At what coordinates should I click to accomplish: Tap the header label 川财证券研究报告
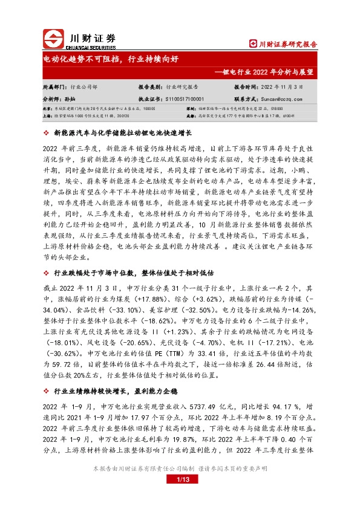[x=283, y=44]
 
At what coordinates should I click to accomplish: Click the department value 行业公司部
[x=83, y=86]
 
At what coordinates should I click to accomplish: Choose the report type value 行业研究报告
[x=184, y=86]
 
